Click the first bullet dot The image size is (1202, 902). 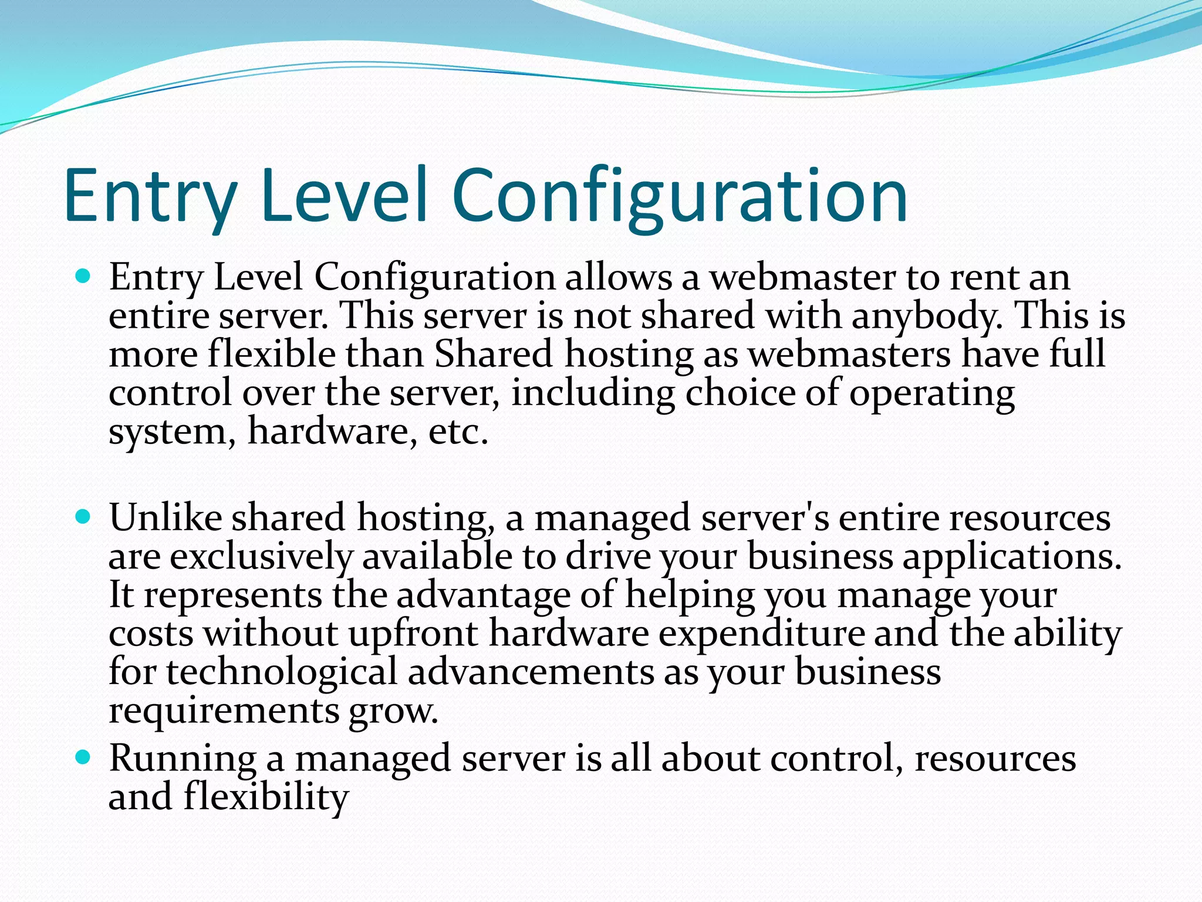point(84,275)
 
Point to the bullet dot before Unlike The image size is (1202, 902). point(84,517)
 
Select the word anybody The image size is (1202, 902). point(927,316)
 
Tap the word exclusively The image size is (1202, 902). point(262,557)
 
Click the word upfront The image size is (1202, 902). point(413,634)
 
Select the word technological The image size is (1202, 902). point(282,672)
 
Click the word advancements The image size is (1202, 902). point(531,672)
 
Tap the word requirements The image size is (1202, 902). point(224,711)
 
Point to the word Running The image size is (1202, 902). point(183,759)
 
